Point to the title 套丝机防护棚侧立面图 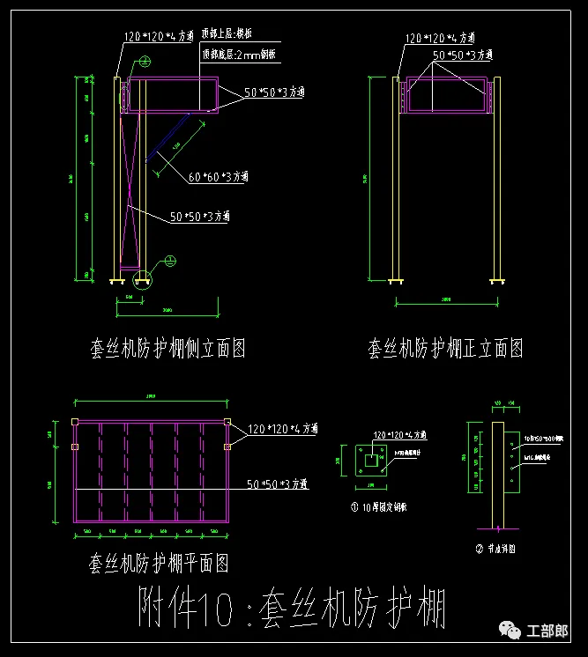(x=167, y=350)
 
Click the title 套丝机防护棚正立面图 (x=445, y=350)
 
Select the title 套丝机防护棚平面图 (x=160, y=561)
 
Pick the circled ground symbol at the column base (x=170, y=260)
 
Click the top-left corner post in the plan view (x=78, y=423)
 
